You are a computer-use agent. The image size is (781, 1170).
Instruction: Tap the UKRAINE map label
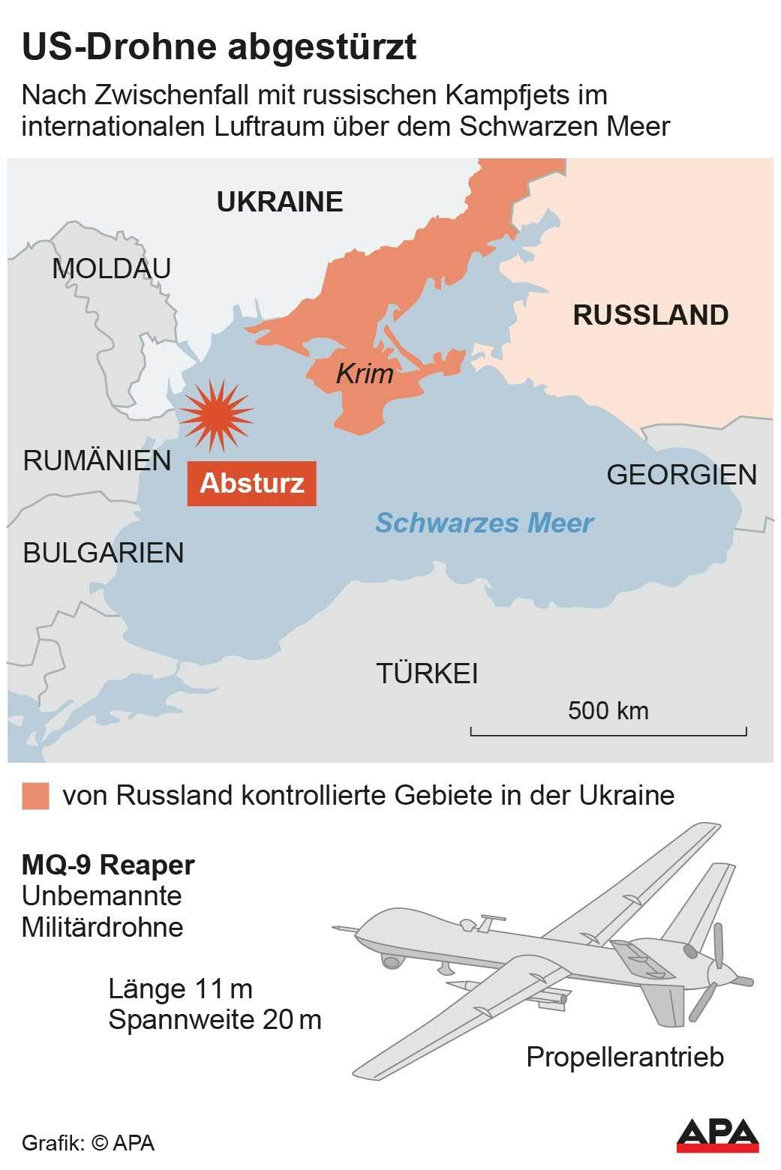click(x=279, y=202)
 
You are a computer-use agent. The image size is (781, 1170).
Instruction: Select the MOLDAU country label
click(x=111, y=268)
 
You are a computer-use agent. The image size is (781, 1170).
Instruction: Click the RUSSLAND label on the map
click(x=650, y=315)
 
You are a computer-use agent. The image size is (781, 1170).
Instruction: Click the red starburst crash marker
click(x=216, y=415)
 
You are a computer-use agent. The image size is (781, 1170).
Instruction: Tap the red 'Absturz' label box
click(x=251, y=483)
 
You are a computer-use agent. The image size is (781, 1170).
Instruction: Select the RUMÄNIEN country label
click(x=97, y=460)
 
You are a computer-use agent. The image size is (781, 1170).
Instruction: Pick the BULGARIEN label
click(x=103, y=553)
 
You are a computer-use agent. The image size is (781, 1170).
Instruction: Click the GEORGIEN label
click(x=681, y=475)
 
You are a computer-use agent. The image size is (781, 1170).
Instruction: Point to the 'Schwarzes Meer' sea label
click(x=484, y=523)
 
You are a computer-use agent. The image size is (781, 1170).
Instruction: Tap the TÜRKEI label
click(x=427, y=673)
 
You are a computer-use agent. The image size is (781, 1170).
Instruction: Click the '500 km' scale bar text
click(x=608, y=710)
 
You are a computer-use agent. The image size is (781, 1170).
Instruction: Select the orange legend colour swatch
click(x=35, y=796)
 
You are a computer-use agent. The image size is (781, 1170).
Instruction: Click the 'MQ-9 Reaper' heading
click(x=108, y=865)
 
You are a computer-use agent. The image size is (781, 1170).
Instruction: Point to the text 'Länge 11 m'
click(x=180, y=988)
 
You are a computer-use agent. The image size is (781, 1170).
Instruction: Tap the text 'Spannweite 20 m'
click(x=215, y=1020)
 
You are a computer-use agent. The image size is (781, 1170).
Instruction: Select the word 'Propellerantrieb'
click(x=624, y=1057)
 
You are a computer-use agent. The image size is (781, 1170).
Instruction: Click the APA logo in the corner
click(x=717, y=1135)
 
